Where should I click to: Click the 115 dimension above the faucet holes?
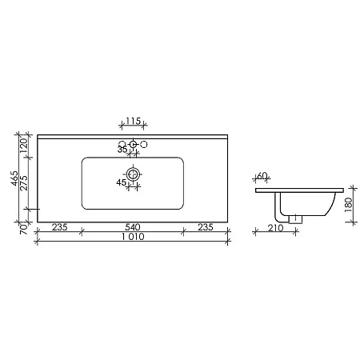click(133, 121)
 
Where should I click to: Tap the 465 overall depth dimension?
click(14, 178)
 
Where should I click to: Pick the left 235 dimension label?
click(60, 227)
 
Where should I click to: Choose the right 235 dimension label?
click(206, 227)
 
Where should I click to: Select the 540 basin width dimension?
click(133, 227)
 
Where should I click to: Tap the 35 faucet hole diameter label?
click(122, 150)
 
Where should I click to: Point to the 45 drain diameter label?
click(122, 182)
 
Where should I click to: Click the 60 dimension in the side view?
click(262, 176)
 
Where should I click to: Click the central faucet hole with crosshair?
click(133, 146)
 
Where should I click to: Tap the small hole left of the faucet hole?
click(122, 145)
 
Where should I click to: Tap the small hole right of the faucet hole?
click(144, 145)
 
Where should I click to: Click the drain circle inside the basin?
click(133, 174)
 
